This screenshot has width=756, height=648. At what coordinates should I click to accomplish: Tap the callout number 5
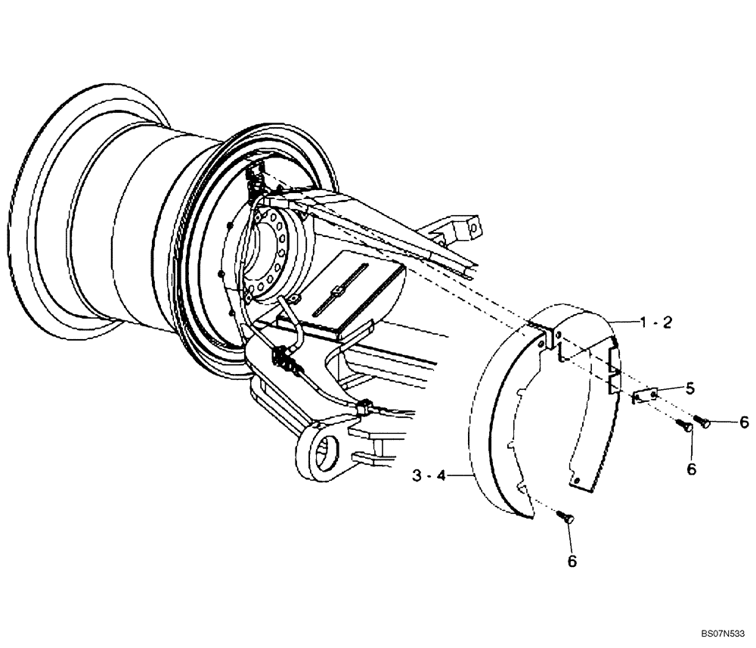(x=689, y=388)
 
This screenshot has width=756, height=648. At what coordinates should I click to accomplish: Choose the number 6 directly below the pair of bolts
(x=690, y=469)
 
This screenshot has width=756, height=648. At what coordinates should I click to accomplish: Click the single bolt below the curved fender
(x=566, y=517)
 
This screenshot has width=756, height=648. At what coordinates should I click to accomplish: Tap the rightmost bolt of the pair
(x=701, y=422)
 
